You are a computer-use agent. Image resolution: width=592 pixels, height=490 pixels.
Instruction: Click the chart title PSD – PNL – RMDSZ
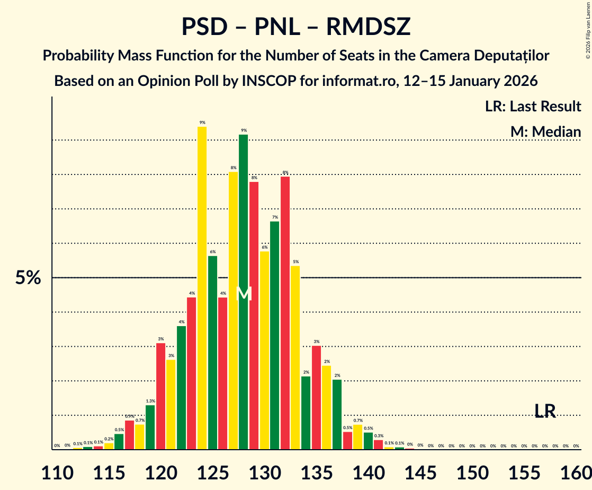point(295,27)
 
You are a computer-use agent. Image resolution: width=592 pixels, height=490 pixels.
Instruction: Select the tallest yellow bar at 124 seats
point(202,288)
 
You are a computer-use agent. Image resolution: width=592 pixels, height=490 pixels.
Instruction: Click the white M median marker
point(244,293)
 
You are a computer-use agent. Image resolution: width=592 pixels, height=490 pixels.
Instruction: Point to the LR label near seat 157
point(545,411)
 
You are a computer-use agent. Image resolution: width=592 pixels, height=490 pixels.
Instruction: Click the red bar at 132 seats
point(285,313)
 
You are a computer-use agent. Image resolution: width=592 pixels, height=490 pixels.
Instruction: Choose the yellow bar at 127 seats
point(233,311)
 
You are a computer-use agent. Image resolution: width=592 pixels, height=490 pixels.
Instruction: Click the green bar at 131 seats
point(275,335)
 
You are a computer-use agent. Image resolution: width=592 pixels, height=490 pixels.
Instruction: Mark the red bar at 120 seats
point(160,396)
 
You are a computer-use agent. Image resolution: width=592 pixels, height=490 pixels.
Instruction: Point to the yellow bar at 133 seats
point(295,357)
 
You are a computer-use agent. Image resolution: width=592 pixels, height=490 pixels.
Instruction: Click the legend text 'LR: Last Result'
point(533,107)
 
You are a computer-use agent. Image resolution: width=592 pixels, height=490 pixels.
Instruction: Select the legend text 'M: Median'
point(545,132)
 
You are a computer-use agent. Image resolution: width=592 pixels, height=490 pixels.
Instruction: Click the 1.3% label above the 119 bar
point(150,401)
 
